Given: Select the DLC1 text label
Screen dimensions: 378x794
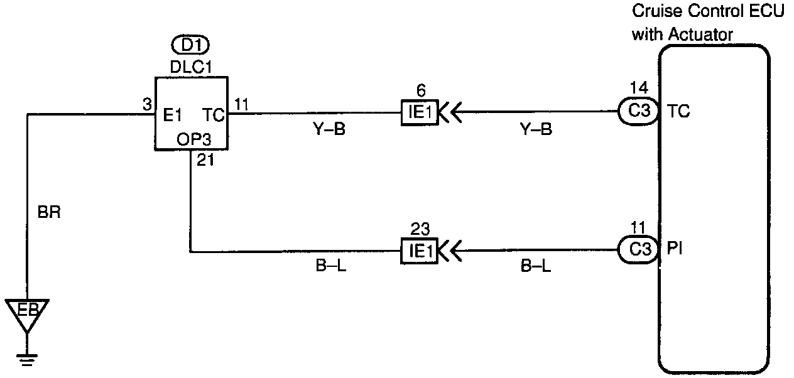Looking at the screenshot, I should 191,67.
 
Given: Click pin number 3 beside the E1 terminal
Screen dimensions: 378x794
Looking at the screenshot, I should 147,105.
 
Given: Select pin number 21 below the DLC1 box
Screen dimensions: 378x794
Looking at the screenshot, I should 205,161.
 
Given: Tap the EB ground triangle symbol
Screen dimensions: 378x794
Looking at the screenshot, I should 27,313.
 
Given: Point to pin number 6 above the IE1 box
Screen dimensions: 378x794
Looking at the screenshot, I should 420,90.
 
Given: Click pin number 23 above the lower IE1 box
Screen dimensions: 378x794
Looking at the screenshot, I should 420,229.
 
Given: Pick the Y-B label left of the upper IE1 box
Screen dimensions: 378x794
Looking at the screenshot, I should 329,130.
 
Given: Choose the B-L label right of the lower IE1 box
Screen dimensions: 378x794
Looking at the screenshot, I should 536,267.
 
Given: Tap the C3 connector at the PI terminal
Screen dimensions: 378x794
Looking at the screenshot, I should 638,249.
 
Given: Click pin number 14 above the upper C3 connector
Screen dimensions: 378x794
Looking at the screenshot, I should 639,88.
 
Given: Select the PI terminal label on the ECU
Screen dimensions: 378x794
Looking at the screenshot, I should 675,249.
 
